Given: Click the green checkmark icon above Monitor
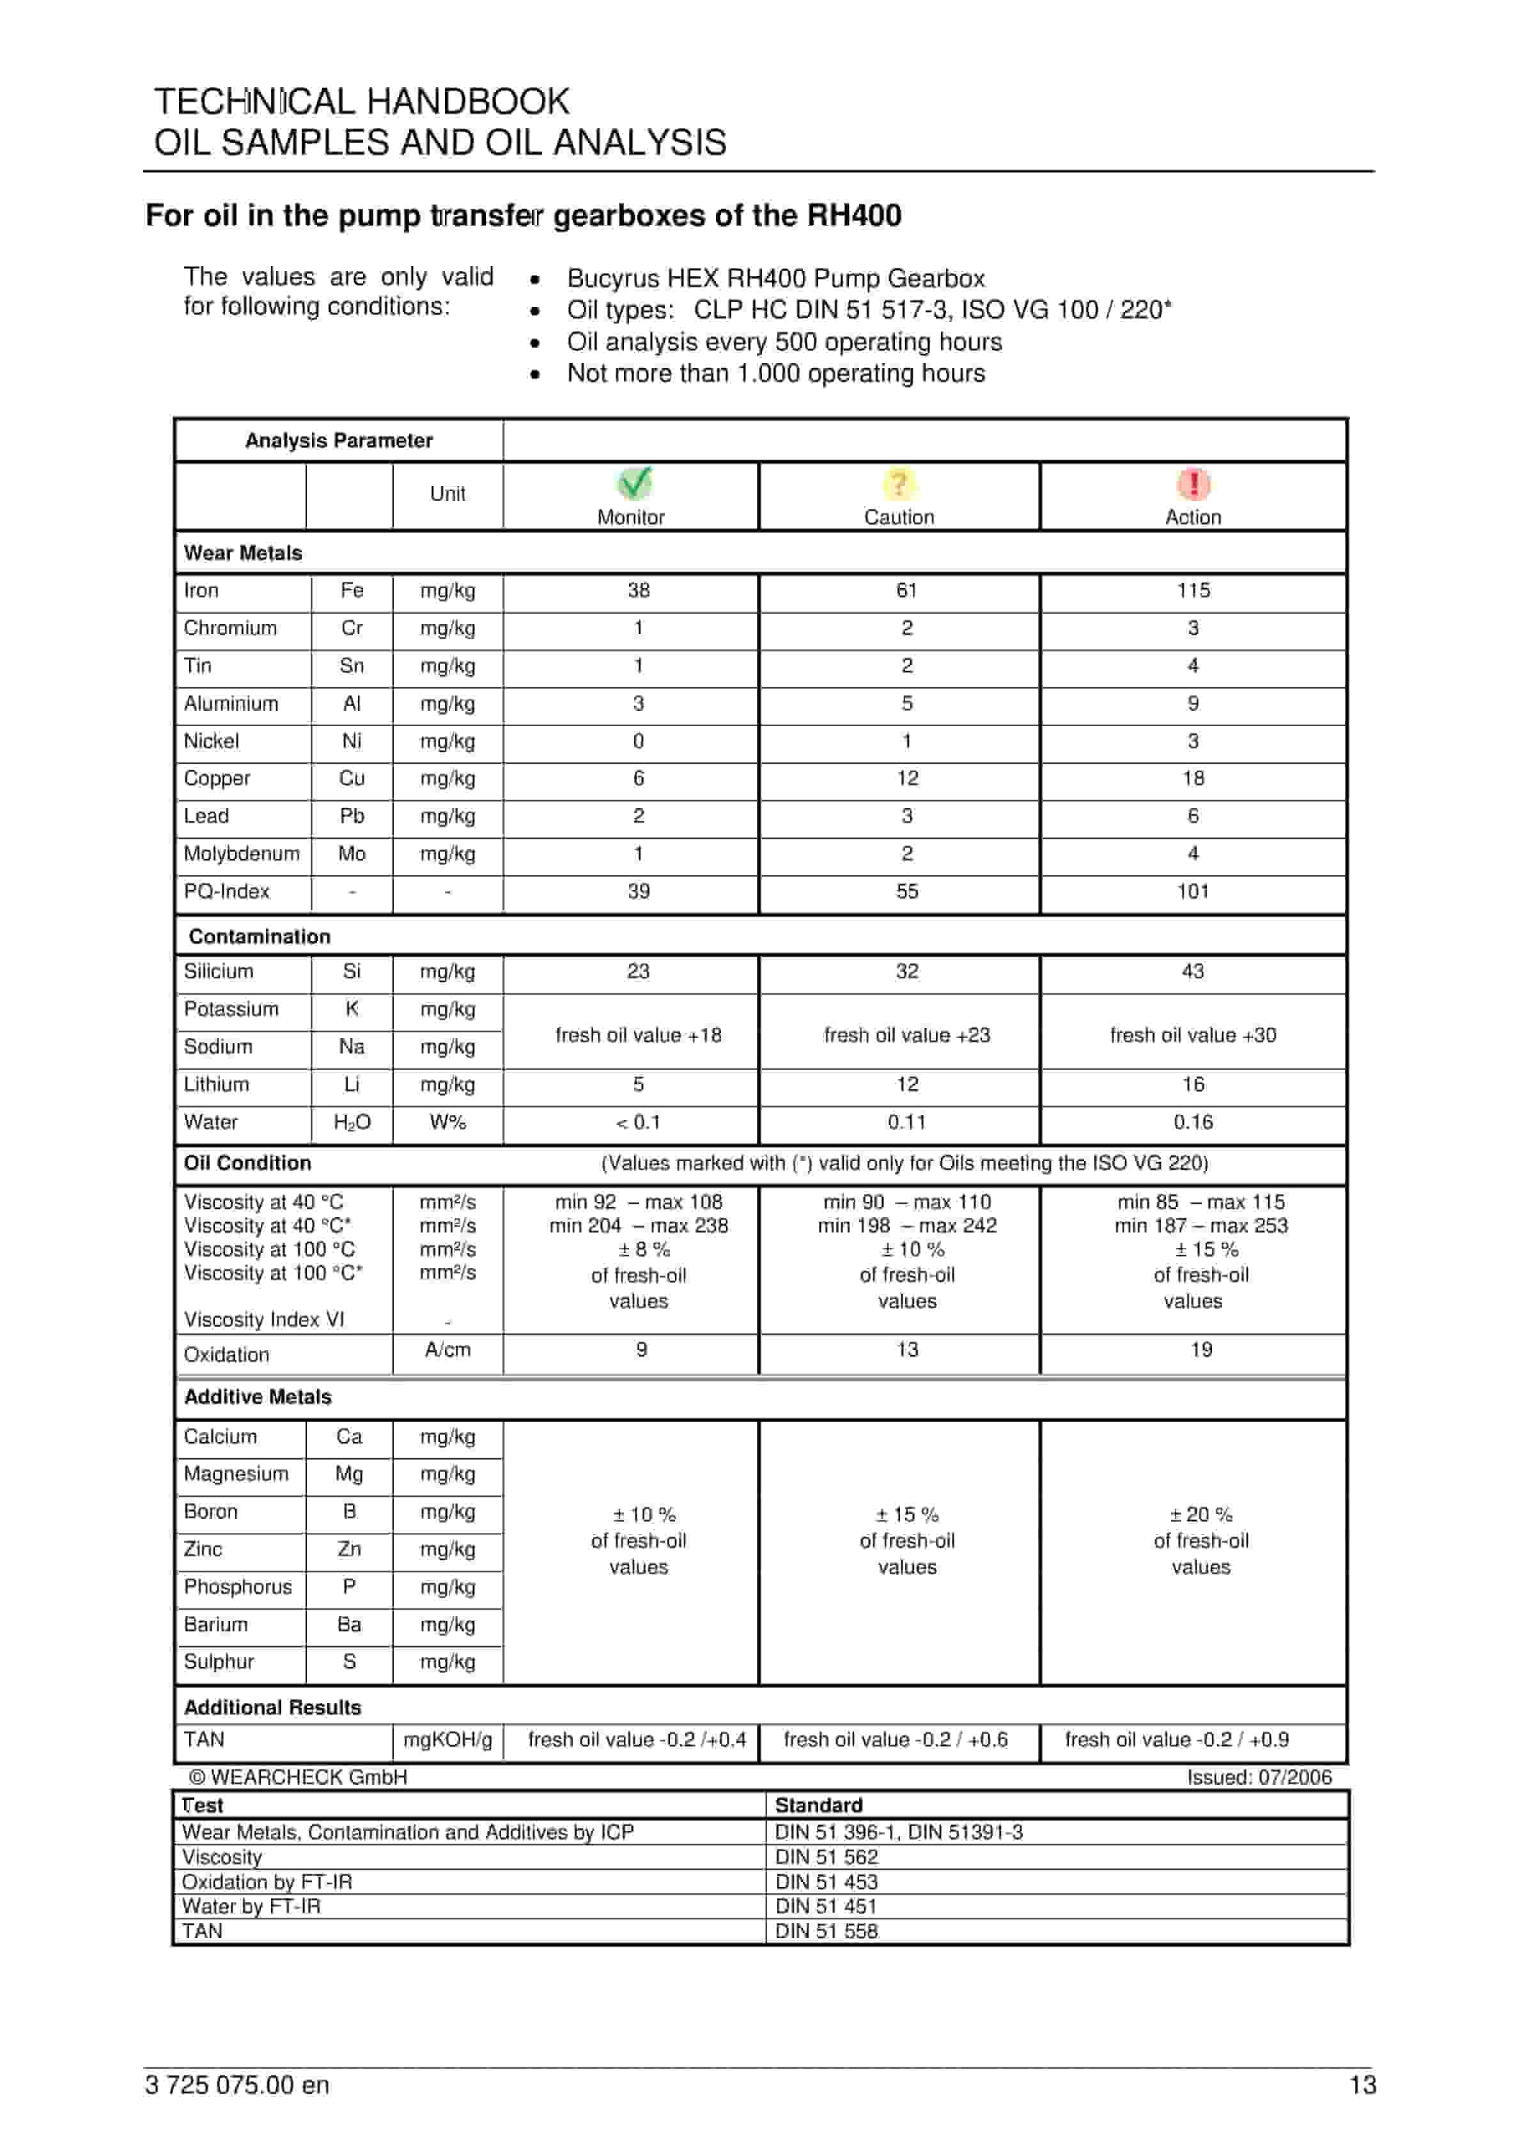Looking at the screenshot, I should (635, 483).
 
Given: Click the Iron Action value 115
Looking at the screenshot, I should (1193, 591).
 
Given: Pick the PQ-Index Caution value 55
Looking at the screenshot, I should (907, 891).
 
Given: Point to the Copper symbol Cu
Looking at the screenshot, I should (352, 779).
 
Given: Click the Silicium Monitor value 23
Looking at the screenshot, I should (638, 972).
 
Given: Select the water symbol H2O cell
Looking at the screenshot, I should (352, 1123).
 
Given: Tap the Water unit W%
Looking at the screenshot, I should (447, 1123).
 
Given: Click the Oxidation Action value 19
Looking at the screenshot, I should (1201, 1349).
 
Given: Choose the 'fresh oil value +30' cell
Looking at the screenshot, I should (1193, 1035).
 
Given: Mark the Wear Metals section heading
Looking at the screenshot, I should (243, 553).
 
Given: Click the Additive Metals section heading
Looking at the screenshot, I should (258, 1397).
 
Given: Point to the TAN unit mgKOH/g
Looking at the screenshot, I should (447, 1741).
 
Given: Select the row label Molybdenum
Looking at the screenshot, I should (242, 853).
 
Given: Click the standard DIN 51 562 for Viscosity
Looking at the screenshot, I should (826, 1856).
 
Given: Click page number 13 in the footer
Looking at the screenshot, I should (1362, 2085).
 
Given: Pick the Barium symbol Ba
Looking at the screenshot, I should (349, 1625).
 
